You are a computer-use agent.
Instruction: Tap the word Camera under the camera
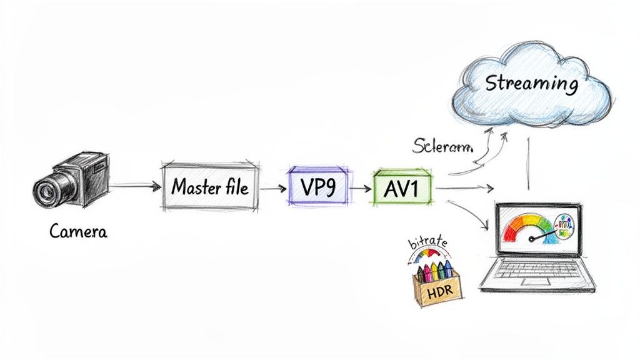(x=78, y=232)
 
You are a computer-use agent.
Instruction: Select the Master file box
(x=209, y=186)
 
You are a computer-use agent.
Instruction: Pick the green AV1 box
(x=402, y=187)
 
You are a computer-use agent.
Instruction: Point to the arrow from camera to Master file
(x=134, y=186)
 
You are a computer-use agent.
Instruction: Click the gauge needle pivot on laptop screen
(x=532, y=239)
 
